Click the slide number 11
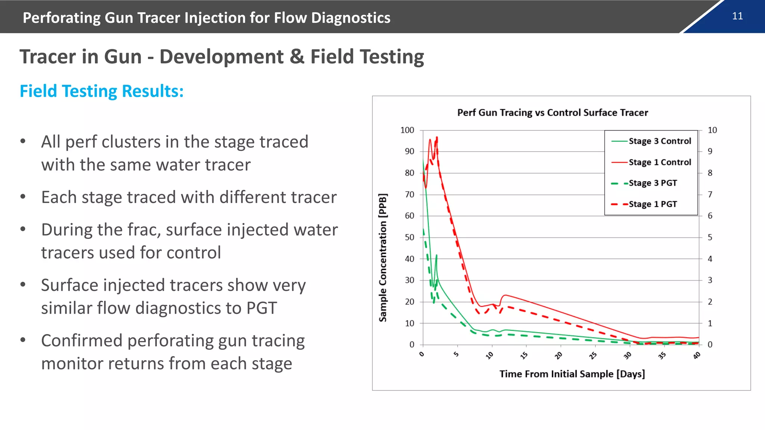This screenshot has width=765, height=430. [x=737, y=16]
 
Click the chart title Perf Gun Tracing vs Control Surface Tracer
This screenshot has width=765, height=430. [x=552, y=113]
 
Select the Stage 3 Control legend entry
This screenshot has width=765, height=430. [x=660, y=141]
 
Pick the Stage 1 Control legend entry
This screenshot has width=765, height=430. [x=660, y=162]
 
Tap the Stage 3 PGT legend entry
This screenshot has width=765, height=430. [x=653, y=183]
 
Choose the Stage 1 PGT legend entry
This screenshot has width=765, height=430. [x=653, y=204]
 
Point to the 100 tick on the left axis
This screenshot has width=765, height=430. [x=407, y=130]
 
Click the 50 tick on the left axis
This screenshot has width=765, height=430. [x=409, y=237]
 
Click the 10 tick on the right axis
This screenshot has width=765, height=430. [x=712, y=130]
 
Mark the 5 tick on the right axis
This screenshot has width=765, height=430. [x=710, y=237]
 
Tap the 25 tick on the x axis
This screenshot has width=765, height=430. [x=593, y=355]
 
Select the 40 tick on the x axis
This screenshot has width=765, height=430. [x=697, y=355]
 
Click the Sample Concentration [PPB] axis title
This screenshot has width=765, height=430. [x=383, y=258]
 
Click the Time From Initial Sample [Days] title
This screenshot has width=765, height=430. [x=572, y=374]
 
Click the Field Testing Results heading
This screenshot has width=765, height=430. [x=102, y=91]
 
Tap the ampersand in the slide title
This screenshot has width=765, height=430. [x=297, y=57]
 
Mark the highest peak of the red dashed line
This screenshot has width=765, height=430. [x=437, y=138]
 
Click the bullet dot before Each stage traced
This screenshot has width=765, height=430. [x=23, y=197]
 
